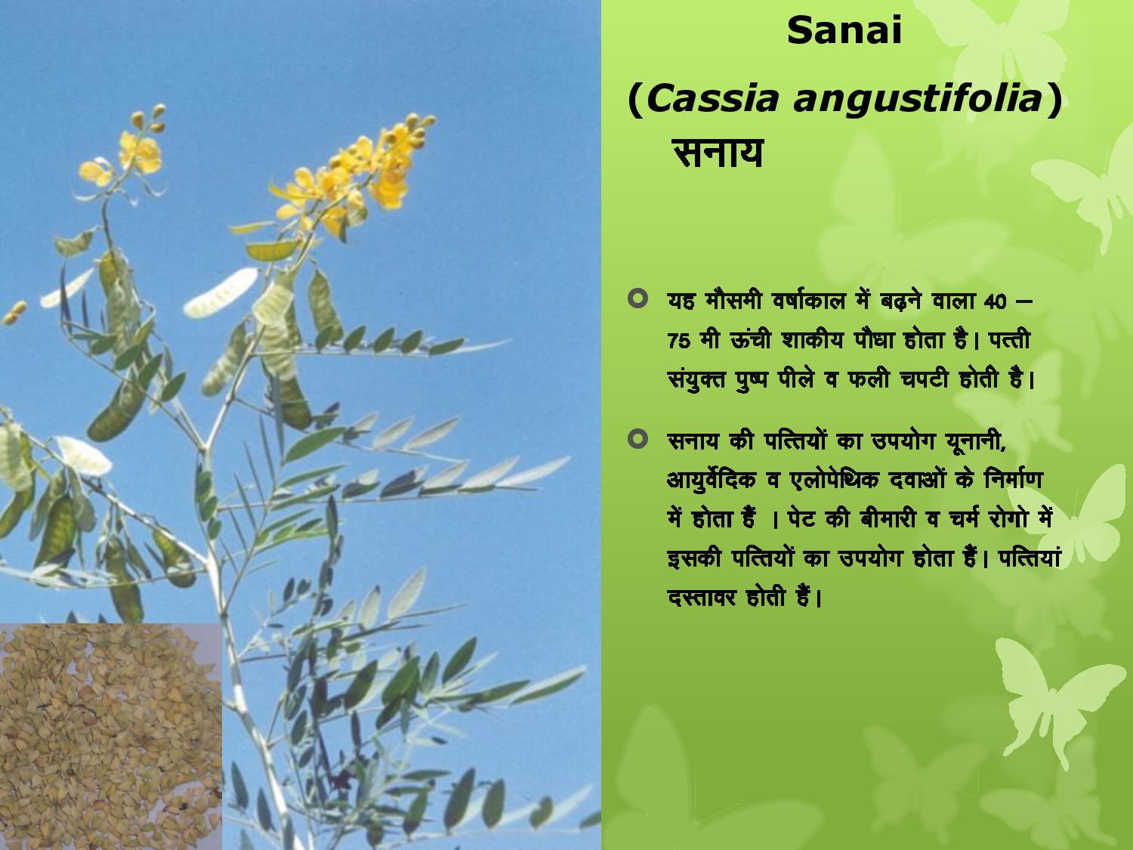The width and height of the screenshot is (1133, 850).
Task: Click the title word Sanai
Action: (844, 30)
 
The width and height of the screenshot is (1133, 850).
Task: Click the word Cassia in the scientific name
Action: (712, 99)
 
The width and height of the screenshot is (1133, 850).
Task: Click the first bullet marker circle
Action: (638, 298)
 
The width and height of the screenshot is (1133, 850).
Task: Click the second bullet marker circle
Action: (638, 439)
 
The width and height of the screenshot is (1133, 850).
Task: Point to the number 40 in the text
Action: (996, 301)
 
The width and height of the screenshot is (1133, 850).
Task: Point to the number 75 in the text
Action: (678, 341)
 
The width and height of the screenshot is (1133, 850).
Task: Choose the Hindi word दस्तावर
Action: (701, 598)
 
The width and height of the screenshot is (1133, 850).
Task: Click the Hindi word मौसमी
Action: (733, 300)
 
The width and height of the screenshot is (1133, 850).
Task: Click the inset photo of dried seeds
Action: (110, 737)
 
